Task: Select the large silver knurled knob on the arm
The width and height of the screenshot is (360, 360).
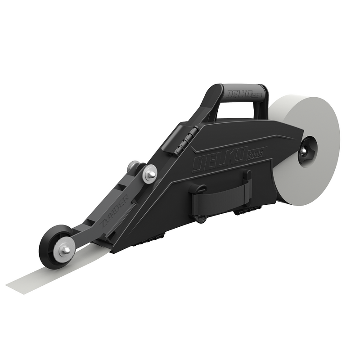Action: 149,174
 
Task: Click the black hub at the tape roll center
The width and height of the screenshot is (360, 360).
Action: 308,150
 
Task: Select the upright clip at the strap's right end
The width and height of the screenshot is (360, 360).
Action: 247,187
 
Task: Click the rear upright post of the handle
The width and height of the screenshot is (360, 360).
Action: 261,101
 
